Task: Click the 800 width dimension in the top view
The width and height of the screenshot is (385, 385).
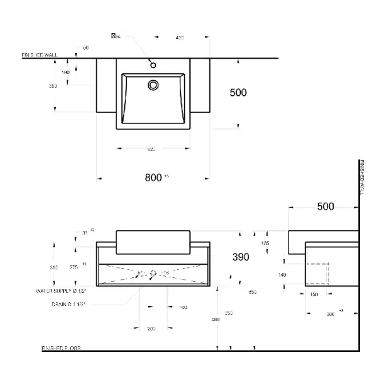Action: pyautogui.click(x=153, y=177)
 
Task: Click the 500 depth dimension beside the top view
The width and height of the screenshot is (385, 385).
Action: pyautogui.click(x=238, y=92)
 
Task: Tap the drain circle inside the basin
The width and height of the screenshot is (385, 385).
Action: pyautogui.click(x=153, y=85)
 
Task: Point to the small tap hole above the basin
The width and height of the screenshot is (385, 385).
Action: pyautogui.click(x=153, y=65)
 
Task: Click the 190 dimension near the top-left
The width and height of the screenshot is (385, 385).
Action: pyautogui.click(x=65, y=72)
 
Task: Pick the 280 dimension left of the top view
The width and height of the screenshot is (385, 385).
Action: pyautogui.click(x=53, y=86)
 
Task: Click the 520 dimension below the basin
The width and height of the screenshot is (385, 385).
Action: pyautogui.click(x=152, y=149)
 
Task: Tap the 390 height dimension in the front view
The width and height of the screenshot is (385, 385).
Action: pyautogui.click(x=241, y=257)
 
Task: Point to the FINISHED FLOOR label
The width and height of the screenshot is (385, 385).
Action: pyautogui.click(x=61, y=348)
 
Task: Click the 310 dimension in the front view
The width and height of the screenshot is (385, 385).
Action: pyautogui.click(x=54, y=267)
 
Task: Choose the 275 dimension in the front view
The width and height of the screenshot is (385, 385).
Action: pyautogui.click(x=74, y=267)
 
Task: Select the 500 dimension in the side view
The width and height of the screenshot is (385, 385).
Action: pyautogui.click(x=325, y=206)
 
